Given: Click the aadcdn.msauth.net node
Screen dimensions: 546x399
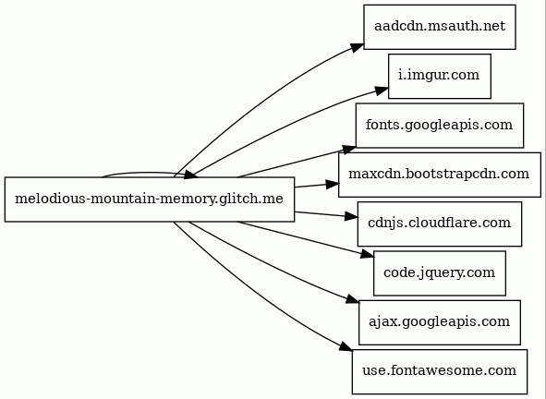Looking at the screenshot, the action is [440, 27].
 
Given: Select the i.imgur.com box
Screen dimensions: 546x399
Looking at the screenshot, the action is [440, 77].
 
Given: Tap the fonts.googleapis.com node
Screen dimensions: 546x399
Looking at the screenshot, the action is [440, 126].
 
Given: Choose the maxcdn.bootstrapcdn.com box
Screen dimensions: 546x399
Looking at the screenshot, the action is [440, 175].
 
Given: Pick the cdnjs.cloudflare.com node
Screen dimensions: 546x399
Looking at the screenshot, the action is [440, 224].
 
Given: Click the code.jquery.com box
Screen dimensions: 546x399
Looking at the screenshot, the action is [440, 273].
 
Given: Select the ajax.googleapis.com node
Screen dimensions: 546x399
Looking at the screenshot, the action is [440, 322].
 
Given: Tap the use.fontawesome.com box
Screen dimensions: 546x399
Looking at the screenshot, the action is [440, 372].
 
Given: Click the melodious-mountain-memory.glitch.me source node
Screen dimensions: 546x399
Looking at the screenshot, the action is [150, 199].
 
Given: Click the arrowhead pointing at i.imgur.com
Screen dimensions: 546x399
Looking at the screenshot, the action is [382, 91].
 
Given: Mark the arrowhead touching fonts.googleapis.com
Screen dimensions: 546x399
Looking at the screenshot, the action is [349, 150].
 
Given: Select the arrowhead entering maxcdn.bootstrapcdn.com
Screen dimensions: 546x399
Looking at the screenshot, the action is [333, 185].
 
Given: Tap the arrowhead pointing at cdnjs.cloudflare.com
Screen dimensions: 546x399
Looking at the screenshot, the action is [351, 216].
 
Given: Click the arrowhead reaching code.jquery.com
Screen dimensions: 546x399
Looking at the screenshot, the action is [367, 254].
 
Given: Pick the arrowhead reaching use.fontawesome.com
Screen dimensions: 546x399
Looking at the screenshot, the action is [346, 346].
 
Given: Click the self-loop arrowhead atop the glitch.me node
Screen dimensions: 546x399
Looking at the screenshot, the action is [191, 175].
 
